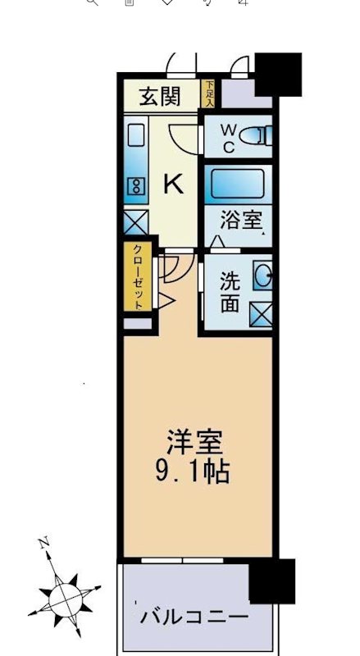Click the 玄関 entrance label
click(x=159, y=97)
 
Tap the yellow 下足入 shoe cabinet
click(x=209, y=93)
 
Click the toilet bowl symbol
click(x=261, y=137)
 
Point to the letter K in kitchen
click(x=173, y=184)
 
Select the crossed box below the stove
click(x=134, y=221)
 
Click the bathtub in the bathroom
click(x=237, y=182)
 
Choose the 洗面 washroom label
click(x=230, y=291)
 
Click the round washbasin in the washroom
click(x=262, y=275)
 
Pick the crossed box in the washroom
click(x=262, y=312)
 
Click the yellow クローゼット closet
click(x=137, y=276)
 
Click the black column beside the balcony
click(x=271, y=581)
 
